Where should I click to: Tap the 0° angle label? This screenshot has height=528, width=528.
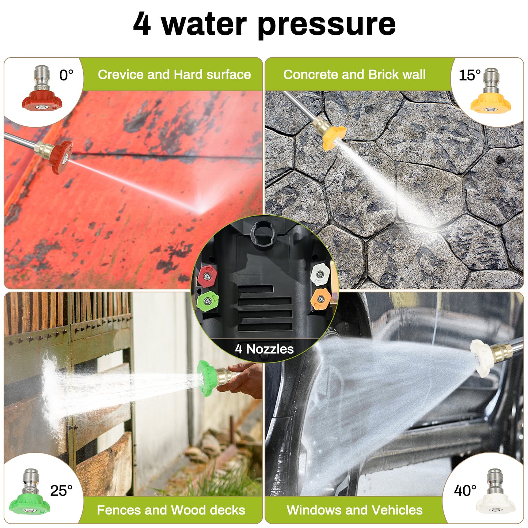pos(66,75)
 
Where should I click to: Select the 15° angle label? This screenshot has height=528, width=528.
pos(469,75)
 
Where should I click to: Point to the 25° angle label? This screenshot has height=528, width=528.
pos(61,491)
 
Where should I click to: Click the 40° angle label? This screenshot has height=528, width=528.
pos(465,490)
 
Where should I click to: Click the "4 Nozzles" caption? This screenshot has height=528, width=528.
pos(264,349)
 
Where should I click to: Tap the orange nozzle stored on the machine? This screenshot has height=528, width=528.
pos(320,299)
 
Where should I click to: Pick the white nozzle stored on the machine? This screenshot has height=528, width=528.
pos(320,274)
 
